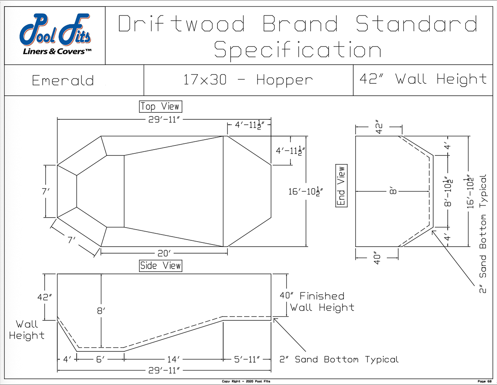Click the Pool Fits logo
pyautogui.click(x=55, y=34)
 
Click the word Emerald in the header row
pyautogui.click(x=63, y=80)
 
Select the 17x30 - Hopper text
pyautogui.click(x=248, y=80)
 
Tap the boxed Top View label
pyautogui.click(x=161, y=107)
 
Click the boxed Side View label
pyautogui.click(x=161, y=266)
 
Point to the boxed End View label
pyautogui.click(x=341, y=186)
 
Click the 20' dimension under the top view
pyautogui.click(x=164, y=254)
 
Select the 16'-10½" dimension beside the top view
pyautogui.click(x=305, y=191)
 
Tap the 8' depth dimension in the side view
pyautogui.click(x=101, y=311)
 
